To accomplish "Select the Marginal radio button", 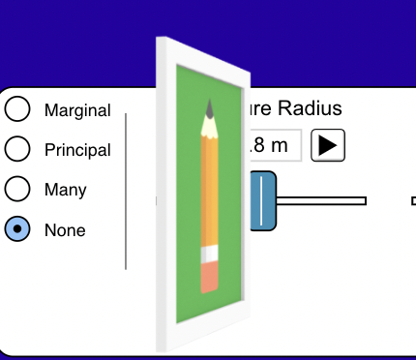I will click(17, 108).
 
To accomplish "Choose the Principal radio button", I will click(17, 149).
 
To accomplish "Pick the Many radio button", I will click(17, 189).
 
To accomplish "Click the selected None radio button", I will click(17, 229).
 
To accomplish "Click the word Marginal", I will click(77, 110).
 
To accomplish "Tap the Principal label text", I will click(77, 150).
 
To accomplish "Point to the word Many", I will click(65, 190).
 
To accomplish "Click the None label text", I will click(65, 230).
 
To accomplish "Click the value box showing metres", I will click(276, 145).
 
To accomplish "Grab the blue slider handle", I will click(263, 200).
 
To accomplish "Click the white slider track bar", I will click(324, 200).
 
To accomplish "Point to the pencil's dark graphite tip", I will click(211, 105).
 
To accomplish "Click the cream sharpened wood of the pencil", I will click(210, 124).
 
